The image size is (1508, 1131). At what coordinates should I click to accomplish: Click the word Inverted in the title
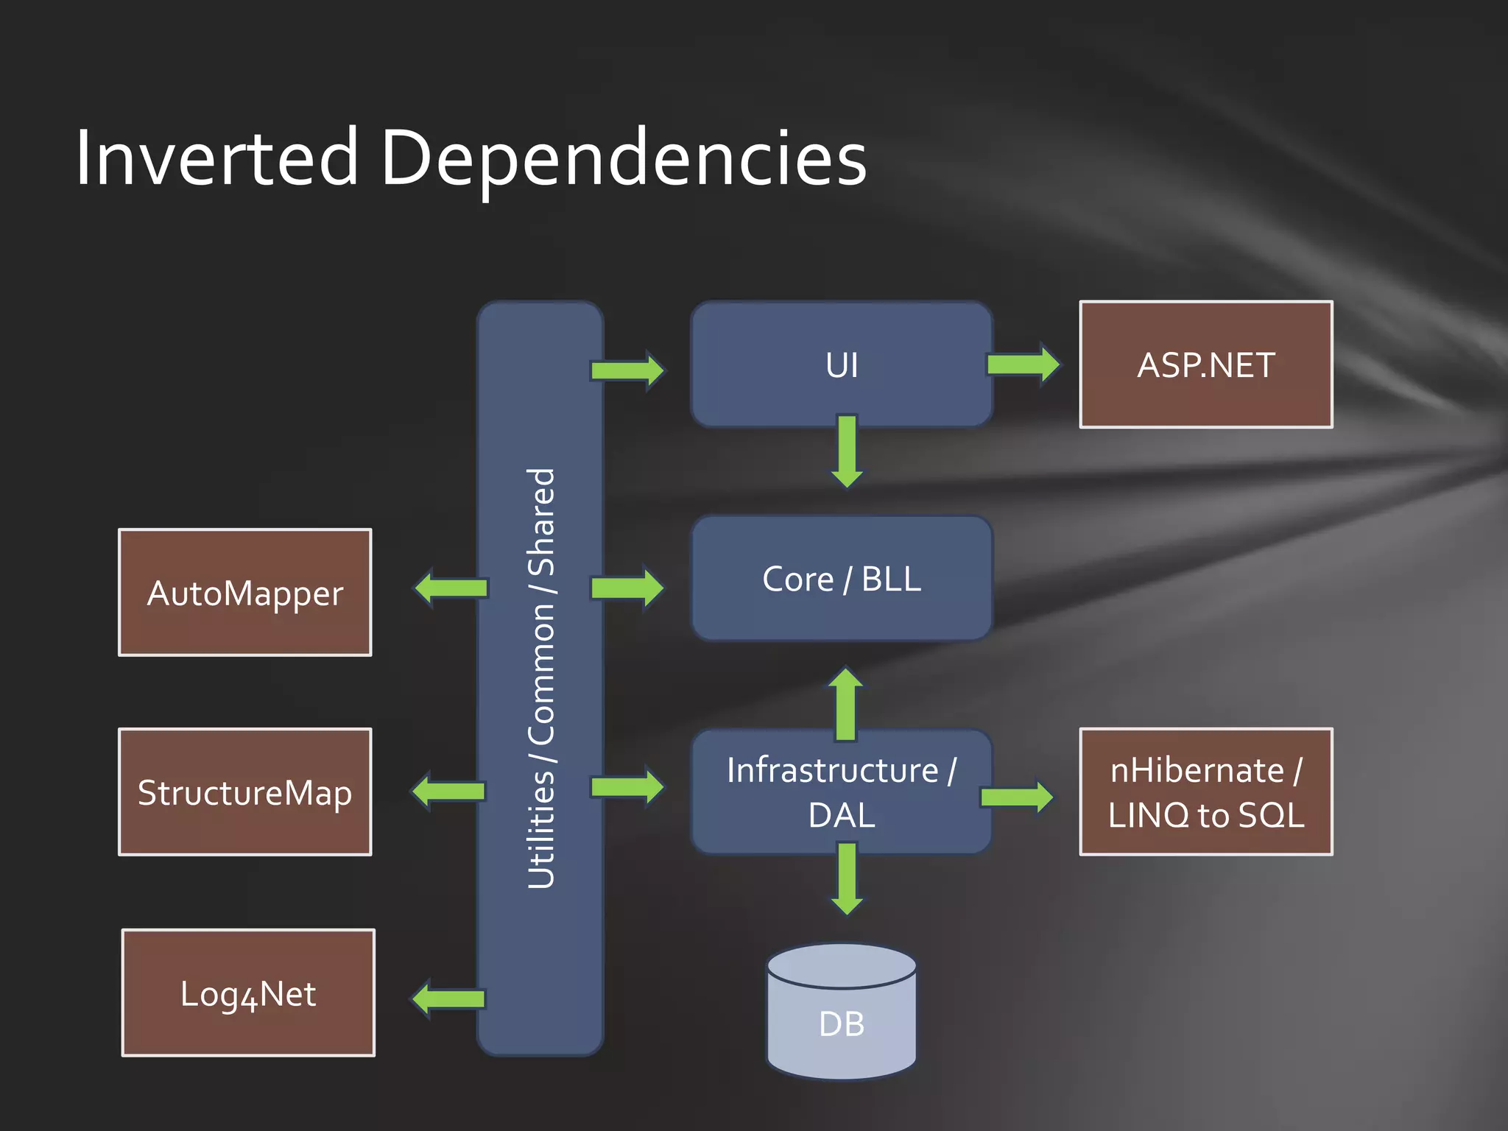(x=216, y=158)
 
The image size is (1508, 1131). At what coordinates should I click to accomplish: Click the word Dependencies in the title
(x=623, y=159)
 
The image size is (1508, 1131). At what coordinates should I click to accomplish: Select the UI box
(x=842, y=364)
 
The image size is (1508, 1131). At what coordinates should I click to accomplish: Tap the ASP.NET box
(x=1205, y=364)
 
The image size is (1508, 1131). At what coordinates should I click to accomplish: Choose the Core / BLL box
(x=842, y=579)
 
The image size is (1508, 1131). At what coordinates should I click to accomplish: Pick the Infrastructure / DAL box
(x=842, y=792)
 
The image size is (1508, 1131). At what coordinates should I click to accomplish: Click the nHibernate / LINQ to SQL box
(x=1205, y=792)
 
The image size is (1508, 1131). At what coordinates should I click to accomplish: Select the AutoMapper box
(x=244, y=593)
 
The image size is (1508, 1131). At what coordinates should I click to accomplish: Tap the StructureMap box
(x=244, y=792)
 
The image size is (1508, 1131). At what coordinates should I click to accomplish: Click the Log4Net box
(x=248, y=993)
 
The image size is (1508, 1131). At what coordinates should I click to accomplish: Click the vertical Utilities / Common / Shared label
(x=541, y=677)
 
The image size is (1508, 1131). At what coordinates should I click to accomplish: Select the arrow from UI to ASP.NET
(x=1023, y=364)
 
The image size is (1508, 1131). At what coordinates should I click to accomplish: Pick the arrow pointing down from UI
(x=847, y=451)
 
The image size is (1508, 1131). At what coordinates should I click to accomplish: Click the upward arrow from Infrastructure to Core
(x=845, y=703)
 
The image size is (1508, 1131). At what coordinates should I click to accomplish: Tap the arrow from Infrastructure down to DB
(x=847, y=878)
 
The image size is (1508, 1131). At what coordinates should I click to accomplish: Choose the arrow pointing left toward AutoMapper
(x=451, y=588)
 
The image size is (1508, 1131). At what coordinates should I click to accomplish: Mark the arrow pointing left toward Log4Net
(x=448, y=999)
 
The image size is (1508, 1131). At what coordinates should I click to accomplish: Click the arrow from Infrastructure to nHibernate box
(x=1017, y=797)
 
